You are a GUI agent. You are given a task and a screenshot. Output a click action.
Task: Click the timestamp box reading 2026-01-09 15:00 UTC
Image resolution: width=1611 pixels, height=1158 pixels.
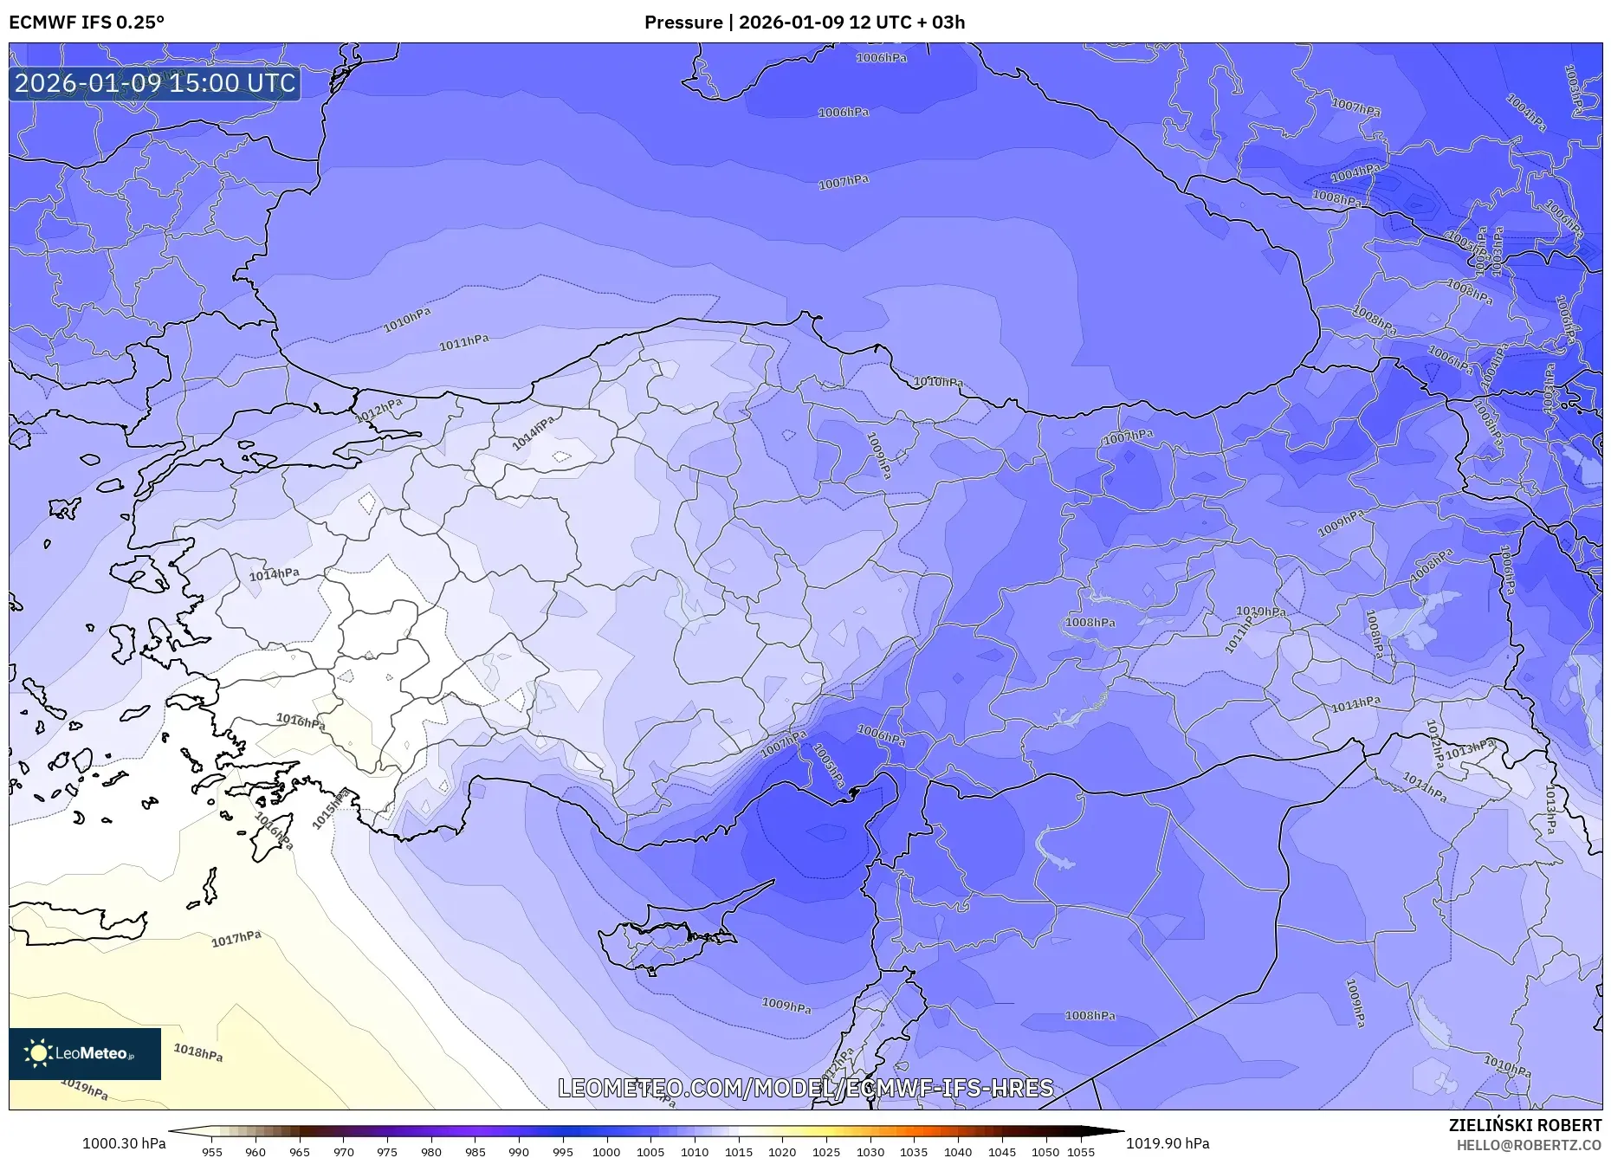[155, 83]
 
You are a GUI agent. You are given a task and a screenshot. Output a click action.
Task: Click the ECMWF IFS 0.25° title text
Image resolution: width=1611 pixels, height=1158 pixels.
[87, 23]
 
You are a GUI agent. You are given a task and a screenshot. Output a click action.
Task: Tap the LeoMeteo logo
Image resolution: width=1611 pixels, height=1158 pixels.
[85, 1053]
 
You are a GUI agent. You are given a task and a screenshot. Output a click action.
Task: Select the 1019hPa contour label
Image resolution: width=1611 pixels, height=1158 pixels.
[84, 1089]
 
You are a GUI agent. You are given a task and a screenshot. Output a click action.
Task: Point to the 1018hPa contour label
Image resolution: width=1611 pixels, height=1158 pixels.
[198, 1052]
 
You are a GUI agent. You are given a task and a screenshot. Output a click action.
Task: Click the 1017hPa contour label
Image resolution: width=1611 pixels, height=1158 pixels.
[236, 939]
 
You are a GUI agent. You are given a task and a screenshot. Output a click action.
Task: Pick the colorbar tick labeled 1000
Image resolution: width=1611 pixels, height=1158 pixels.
[606, 1151]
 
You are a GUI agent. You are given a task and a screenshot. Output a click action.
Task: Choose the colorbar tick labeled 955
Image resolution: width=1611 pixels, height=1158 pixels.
[212, 1151]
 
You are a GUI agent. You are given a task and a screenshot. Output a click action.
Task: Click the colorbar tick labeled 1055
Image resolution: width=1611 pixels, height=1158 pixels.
[1081, 1151]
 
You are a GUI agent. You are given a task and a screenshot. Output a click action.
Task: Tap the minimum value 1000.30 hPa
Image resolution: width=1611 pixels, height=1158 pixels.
[124, 1143]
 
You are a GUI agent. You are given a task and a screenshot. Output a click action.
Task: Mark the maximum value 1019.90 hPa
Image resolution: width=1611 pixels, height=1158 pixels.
[1168, 1143]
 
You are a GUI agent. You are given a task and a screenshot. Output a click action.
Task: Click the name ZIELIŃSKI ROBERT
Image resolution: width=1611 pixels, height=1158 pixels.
[1524, 1125]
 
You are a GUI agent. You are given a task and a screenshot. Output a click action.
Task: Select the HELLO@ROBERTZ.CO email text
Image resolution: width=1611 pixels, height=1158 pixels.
[1529, 1145]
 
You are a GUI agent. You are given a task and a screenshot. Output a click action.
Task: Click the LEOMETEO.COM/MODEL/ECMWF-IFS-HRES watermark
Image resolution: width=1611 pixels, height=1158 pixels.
[805, 1088]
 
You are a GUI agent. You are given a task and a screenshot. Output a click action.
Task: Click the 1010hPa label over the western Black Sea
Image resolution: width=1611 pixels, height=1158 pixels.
[407, 320]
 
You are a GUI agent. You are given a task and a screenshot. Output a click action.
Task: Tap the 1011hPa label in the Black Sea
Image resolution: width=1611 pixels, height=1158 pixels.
[463, 343]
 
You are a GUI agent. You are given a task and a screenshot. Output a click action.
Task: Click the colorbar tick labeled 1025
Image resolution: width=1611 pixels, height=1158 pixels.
[825, 1151]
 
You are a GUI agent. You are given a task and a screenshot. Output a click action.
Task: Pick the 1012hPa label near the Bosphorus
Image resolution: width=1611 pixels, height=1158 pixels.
[379, 410]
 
